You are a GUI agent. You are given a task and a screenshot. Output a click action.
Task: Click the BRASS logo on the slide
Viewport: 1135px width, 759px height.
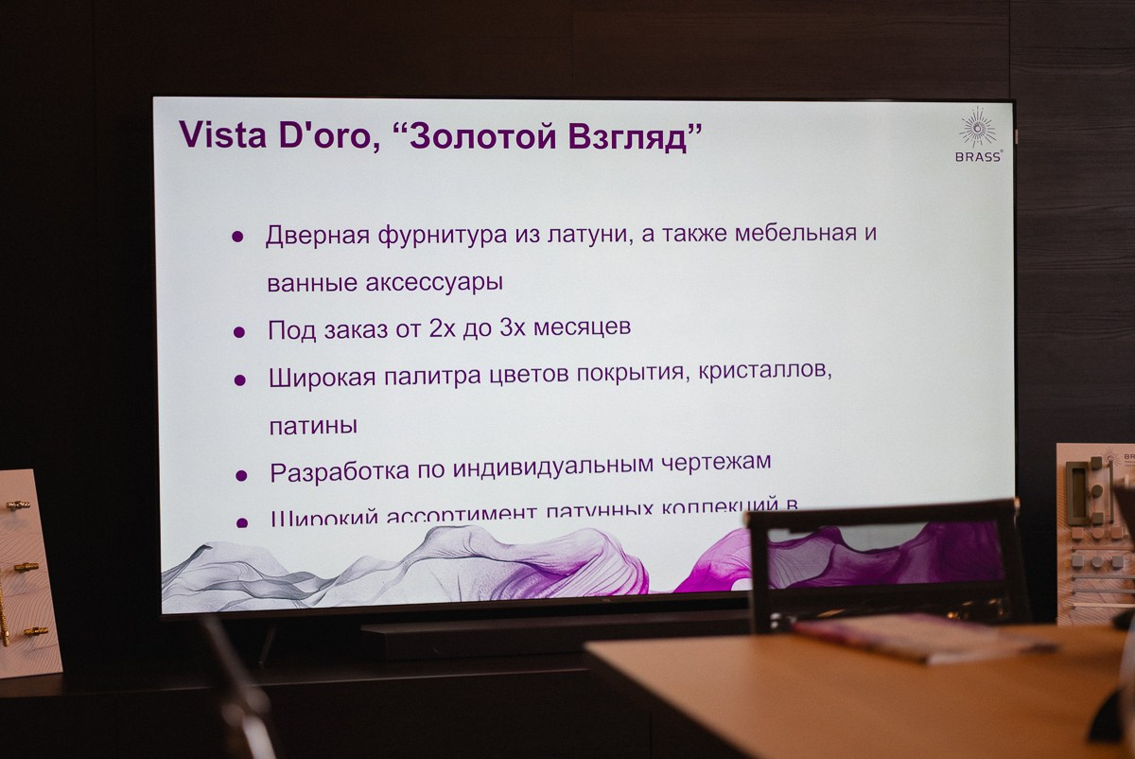pyautogui.click(x=977, y=136)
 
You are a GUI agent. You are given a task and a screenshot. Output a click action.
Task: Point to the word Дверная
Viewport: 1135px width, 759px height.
pyautogui.click(x=316, y=236)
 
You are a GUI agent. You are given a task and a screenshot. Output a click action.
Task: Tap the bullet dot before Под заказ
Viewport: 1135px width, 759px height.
pyautogui.click(x=239, y=331)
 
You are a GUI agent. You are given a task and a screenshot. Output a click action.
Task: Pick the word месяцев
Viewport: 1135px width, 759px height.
pyautogui.click(x=581, y=327)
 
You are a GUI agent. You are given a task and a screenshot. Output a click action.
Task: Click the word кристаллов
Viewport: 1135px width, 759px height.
pyautogui.click(x=765, y=371)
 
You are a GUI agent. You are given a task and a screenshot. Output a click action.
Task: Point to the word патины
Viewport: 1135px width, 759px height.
pyautogui.click(x=313, y=426)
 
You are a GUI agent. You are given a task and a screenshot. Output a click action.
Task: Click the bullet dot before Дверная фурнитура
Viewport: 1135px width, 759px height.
pyautogui.click(x=237, y=237)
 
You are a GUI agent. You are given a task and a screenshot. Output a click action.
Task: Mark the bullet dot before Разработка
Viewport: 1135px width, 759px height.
pyautogui.click(x=241, y=475)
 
